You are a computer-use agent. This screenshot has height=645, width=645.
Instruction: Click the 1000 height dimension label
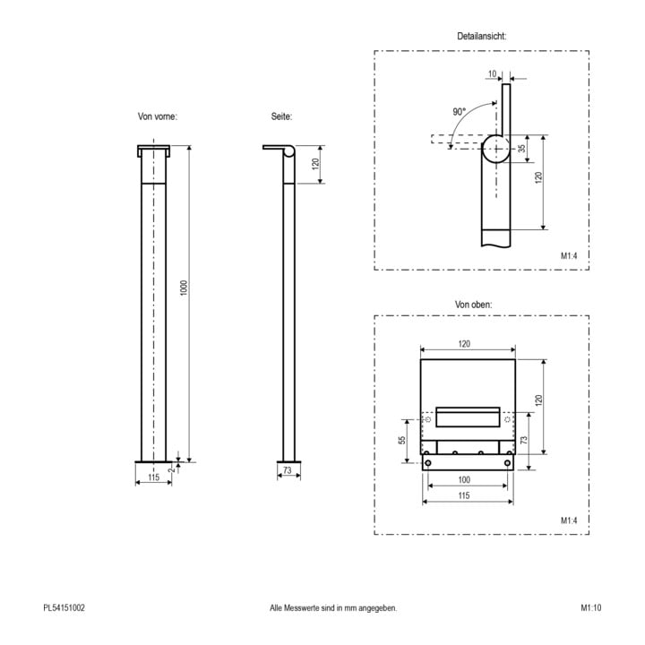click(184, 288)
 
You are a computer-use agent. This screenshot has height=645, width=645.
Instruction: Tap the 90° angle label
click(459, 111)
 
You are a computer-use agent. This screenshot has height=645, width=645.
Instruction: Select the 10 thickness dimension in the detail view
click(492, 74)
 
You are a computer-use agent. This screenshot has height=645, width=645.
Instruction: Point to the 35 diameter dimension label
click(521, 149)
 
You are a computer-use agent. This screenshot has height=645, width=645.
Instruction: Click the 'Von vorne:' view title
click(157, 116)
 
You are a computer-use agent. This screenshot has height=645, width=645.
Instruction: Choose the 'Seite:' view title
click(281, 116)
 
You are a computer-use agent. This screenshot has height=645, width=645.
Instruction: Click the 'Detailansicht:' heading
click(481, 36)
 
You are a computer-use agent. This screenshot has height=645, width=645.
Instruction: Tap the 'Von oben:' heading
click(473, 305)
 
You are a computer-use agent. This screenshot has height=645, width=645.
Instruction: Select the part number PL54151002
click(64, 607)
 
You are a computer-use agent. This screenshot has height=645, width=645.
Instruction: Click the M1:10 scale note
click(590, 607)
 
